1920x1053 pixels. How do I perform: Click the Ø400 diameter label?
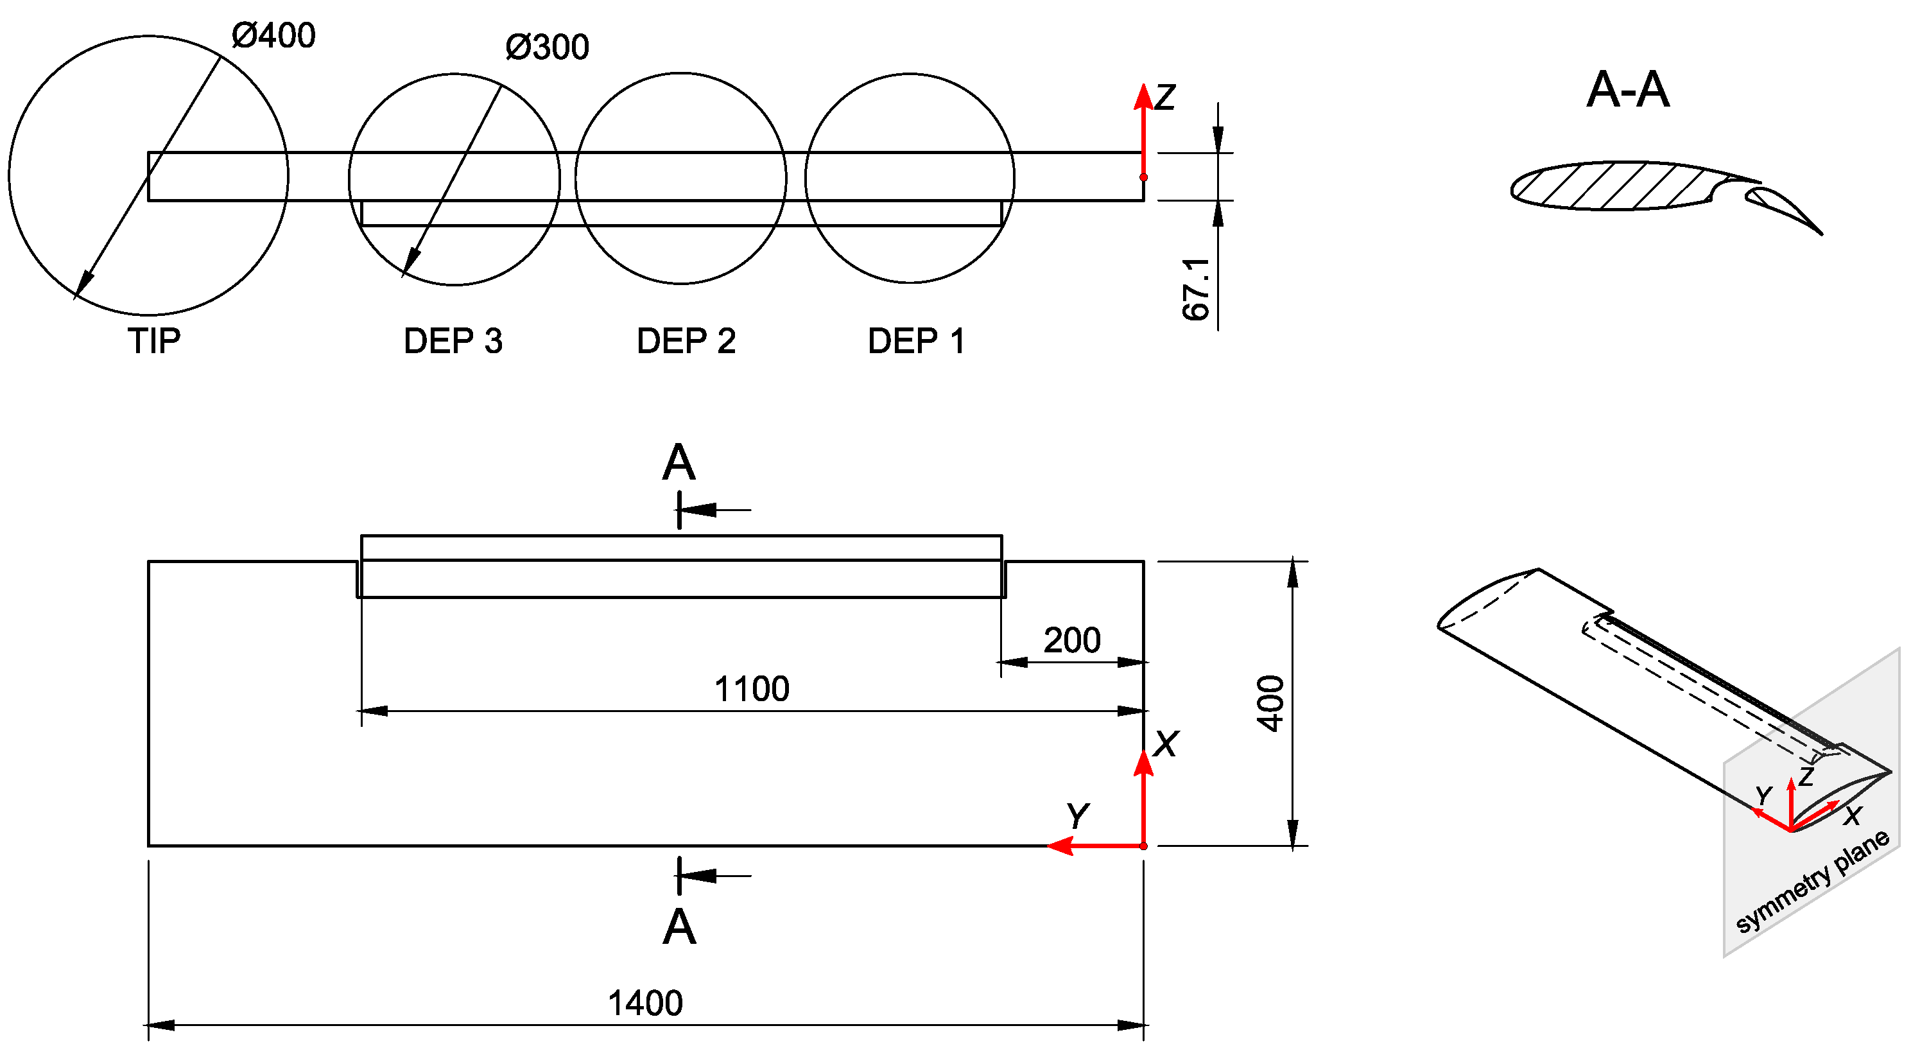tap(273, 36)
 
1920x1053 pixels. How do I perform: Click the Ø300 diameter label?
tap(547, 48)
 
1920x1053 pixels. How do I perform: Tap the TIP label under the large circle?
tap(153, 342)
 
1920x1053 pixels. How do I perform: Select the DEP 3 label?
tap(453, 342)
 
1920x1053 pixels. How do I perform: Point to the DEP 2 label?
tap(686, 342)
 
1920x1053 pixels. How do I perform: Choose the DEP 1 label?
tap(916, 342)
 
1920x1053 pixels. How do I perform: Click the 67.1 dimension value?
tap(1197, 290)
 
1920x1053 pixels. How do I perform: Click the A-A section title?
tap(1628, 91)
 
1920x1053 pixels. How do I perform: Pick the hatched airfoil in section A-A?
tap(1610, 186)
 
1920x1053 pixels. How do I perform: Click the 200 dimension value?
tap(1071, 641)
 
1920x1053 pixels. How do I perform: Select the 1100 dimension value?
tap(751, 689)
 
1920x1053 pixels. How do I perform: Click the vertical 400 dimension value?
tap(1270, 703)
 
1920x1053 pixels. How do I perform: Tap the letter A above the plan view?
tap(679, 463)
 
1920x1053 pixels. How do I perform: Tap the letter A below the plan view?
tap(679, 928)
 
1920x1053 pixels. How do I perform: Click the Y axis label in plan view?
tap(1078, 816)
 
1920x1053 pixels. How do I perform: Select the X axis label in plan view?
tap(1166, 744)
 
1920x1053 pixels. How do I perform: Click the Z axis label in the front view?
tap(1165, 98)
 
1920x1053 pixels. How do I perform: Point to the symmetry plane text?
tap(1813, 882)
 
